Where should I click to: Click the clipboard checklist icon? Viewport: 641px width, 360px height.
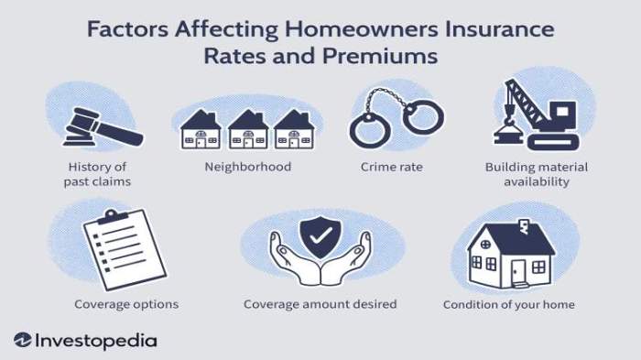tap(117, 245)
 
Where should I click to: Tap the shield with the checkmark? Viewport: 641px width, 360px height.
tap(320, 240)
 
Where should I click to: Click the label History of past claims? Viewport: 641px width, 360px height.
tap(97, 174)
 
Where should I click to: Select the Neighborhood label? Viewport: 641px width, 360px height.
tap(247, 167)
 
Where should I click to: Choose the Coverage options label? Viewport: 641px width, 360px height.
tap(126, 304)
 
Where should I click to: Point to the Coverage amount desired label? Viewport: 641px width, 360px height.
tap(320, 304)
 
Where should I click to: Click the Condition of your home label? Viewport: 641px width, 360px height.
tap(509, 304)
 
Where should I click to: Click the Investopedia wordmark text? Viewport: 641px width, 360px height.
tap(96, 341)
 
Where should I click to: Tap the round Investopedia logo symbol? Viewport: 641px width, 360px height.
tap(23, 341)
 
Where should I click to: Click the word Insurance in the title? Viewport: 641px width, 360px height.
tap(495, 28)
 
